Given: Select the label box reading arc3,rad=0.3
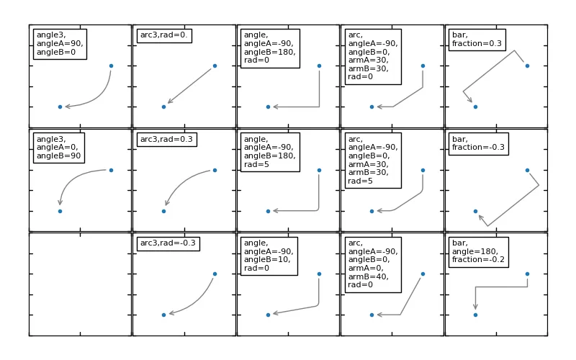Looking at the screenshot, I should coord(166,138).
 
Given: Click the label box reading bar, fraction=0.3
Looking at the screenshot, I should coord(477,39).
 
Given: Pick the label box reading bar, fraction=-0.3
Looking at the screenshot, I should coord(478,143).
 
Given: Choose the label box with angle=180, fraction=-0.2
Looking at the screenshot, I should coord(478,252).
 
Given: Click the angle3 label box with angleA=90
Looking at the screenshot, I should coord(60,44).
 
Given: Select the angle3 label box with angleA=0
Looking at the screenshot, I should coord(58,148).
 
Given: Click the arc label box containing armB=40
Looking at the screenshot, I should coord(372,264).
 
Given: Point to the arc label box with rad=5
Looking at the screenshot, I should coord(372,161).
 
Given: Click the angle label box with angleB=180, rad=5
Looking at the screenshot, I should coord(269,152).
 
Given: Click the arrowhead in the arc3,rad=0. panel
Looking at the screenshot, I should coord(169,102).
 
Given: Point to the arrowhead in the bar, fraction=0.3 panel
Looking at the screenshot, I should coord(471,100).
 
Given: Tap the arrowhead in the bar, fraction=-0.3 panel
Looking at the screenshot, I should coord(480,217).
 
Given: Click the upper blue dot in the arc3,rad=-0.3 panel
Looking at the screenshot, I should coord(215,274).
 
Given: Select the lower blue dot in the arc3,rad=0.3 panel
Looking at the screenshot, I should coord(163,211).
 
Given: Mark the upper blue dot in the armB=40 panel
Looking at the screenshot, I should coord(423,274).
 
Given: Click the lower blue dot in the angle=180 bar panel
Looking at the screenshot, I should coord(475,315).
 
